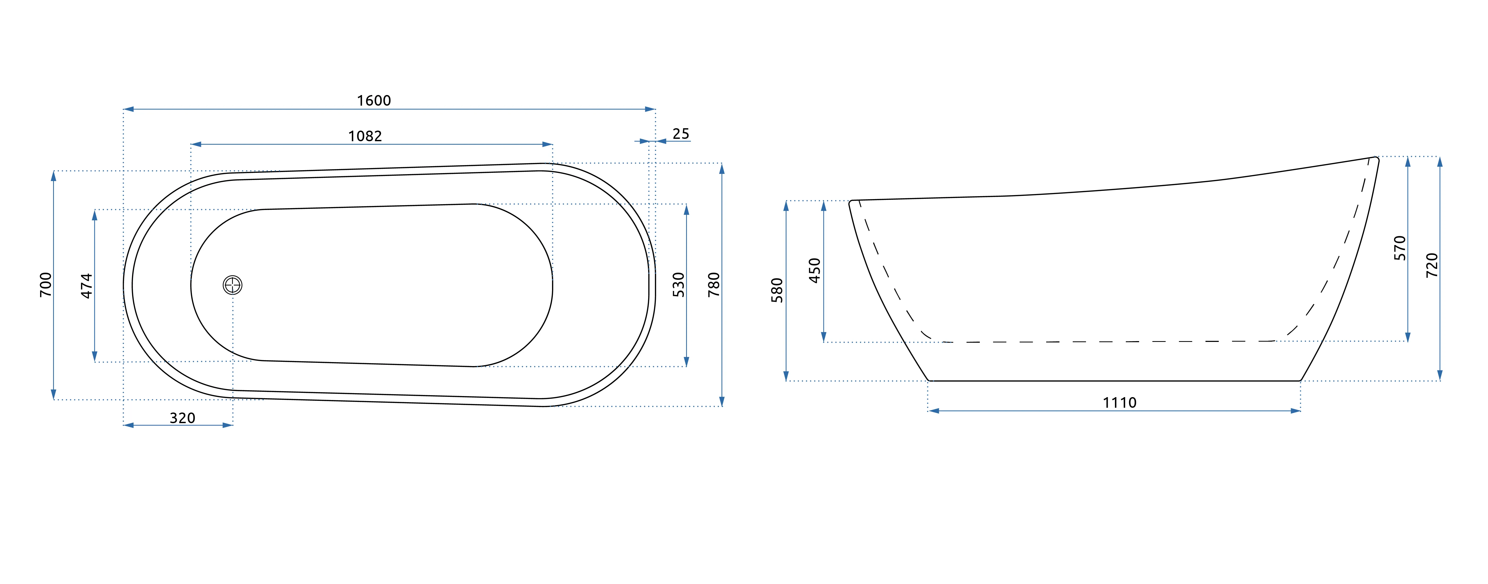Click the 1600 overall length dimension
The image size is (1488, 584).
[x=374, y=101]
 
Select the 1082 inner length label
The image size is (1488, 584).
[x=365, y=136]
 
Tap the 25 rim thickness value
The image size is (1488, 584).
[x=681, y=134]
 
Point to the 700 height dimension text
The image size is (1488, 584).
[x=46, y=285]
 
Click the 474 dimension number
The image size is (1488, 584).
[x=87, y=286]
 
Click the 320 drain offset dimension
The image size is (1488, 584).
[x=182, y=418]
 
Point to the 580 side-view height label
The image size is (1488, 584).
[x=777, y=291]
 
